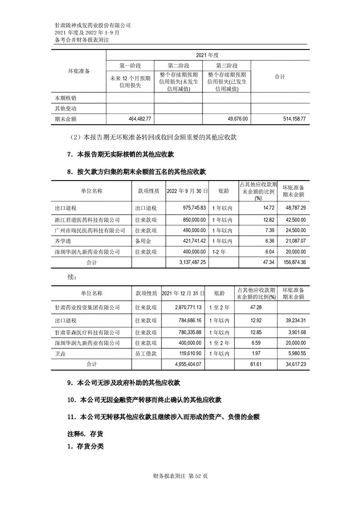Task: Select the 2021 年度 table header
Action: click(207, 55)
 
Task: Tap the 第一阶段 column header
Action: click(130, 66)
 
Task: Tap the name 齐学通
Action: click(62, 241)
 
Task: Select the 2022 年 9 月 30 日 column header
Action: click(187, 191)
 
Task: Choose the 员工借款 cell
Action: click(146, 353)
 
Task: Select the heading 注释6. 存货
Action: click(82, 434)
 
